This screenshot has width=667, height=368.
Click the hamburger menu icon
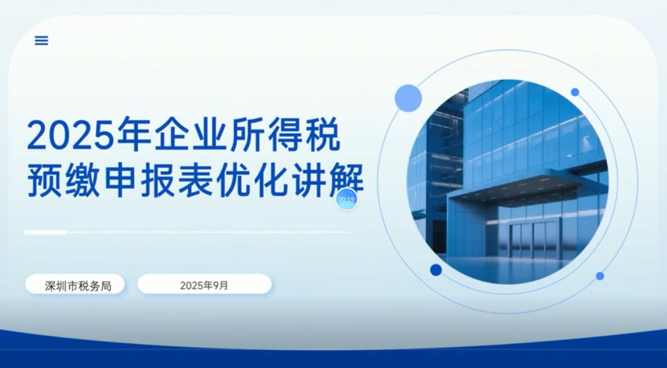(42, 40)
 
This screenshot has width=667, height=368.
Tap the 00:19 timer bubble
(346, 199)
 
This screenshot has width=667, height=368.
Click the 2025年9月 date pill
(204, 284)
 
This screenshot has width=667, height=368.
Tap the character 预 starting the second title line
(44, 180)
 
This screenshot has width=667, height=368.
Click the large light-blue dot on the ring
(408, 98)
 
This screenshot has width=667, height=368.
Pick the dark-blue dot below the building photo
(436, 270)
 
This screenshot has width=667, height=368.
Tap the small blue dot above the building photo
(575, 92)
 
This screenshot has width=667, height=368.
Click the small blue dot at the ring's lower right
(600, 276)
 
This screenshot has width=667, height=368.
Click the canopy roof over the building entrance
(527, 184)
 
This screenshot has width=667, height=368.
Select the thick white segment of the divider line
(45, 232)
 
